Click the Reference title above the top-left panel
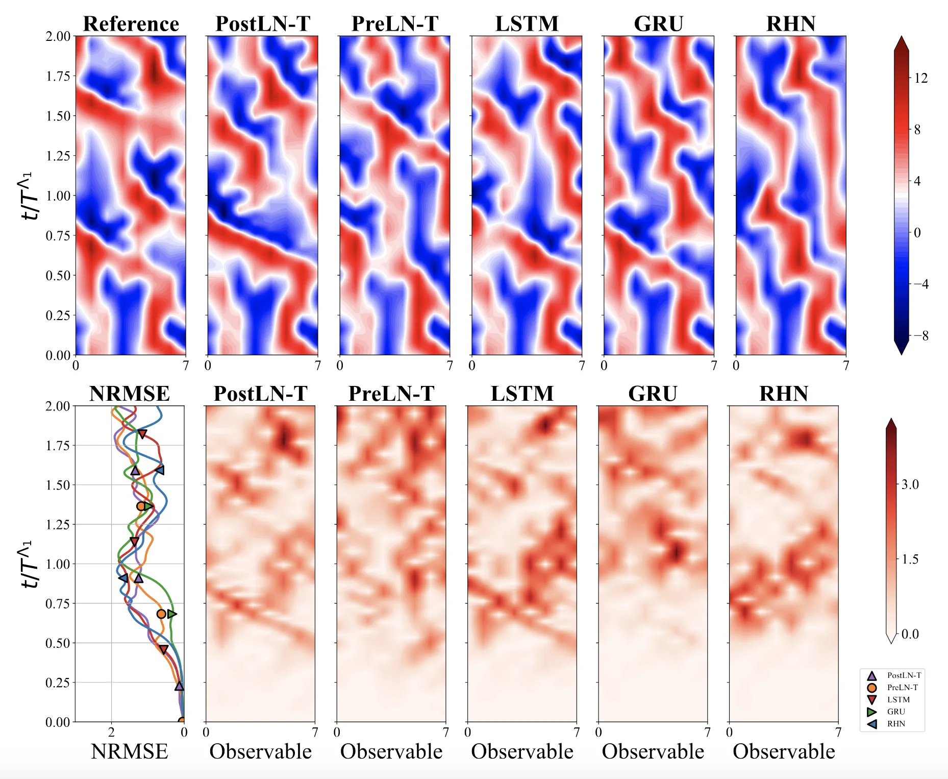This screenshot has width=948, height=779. [131, 24]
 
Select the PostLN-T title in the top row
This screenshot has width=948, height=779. [263, 24]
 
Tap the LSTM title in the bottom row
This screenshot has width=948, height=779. [522, 394]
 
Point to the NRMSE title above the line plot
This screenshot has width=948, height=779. [130, 394]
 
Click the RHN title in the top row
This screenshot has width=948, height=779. [791, 24]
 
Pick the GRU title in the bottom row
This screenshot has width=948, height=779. [653, 394]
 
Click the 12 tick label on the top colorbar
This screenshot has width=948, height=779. [921, 78]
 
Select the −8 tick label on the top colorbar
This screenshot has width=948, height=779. [921, 336]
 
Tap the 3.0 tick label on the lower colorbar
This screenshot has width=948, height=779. [910, 484]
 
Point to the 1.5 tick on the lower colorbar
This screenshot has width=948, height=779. [910, 559]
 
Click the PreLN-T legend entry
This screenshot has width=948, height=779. [902, 688]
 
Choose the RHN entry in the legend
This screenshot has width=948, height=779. [896, 724]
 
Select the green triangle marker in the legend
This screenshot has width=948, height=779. [872, 712]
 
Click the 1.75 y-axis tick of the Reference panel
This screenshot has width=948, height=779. [58, 76]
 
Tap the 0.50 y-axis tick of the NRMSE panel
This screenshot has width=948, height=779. [58, 643]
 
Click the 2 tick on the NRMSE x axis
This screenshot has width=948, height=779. [111, 733]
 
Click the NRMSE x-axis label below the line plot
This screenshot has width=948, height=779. [130, 752]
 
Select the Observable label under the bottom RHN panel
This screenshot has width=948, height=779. [784, 752]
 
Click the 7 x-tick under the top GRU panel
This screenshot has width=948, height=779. [714, 366]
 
